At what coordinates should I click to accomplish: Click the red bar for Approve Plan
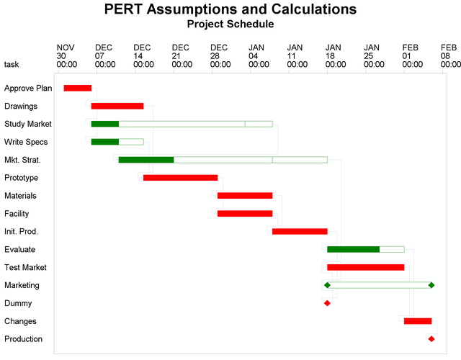click(x=78, y=88)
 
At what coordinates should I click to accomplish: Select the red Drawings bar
click(x=117, y=106)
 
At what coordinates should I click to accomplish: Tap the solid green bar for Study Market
click(x=105, y=124)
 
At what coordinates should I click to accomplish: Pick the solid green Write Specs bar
click(x=105, y=142)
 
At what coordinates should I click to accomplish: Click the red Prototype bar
click(x=180, y=177)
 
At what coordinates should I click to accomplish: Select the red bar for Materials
click(x=245, y=195)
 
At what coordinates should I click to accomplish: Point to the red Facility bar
click(x=245, y=213)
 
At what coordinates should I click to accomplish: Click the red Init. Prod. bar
click(x=300, y=231)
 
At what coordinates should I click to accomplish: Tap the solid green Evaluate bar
click(x=353, y=249)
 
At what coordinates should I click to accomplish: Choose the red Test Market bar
click(x=365, y=267)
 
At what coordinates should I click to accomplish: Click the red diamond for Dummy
click(x=327, y=303)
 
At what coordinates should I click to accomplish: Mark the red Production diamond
click(x=431, y=338)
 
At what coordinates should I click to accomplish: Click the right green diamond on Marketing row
click(x=431, y=285)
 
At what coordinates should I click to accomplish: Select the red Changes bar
click(x=418, y=321)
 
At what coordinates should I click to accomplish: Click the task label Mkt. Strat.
click(x=22, y=160)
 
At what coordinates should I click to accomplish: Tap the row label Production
click(x=23, y=339)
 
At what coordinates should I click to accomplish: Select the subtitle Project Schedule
click(x=230, y=24)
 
